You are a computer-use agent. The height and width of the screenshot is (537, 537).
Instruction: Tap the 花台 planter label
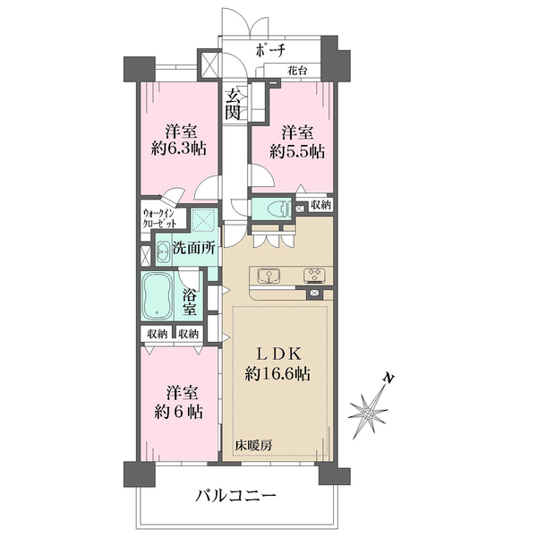[x=297, y=69]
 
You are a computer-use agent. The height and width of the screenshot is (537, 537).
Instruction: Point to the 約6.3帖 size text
[x=180, y=149]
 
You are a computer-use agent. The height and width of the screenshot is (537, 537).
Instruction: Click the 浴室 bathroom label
[x=190, y=301]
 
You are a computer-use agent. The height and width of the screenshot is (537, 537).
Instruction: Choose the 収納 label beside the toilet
[x=321, y=205]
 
